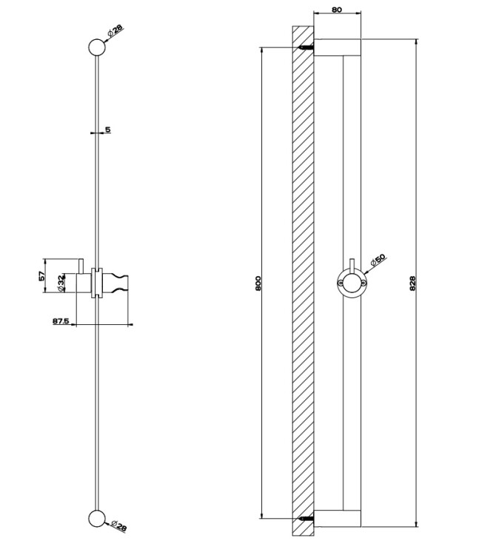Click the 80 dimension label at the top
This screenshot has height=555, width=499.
click(337, 10)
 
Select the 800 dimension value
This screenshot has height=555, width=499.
click(258, 283)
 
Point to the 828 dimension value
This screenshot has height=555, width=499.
click(412, 283)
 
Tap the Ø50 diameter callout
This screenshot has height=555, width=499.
click(378, 260)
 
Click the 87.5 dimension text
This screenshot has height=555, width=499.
click(61, 321)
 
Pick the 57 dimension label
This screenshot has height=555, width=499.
click(41, 276)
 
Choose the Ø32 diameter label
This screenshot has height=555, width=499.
click(61, 283)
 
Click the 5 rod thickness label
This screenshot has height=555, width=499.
click(107, 130)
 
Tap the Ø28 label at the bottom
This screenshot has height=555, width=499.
click(118, 526)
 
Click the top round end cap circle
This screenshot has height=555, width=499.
click(97, 47)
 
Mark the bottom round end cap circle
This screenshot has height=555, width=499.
click(97, 519)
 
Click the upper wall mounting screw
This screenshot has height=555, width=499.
click(307, 47)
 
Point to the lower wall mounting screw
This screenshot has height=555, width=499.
click(307, 519)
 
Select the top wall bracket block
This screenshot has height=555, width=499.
click(337, 47)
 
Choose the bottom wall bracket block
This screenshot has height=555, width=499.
click(337, 519)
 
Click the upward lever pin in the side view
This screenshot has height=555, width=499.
click(81, 266)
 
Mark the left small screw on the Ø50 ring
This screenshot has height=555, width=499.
click(341, 283)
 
